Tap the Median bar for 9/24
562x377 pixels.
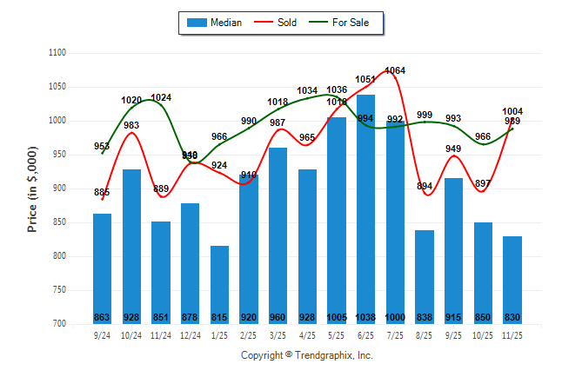click(x=103, y=268)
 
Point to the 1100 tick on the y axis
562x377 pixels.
click(x=57, y=53)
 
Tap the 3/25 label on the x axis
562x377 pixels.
click(x=278, y=334)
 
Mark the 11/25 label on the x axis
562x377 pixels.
click(x=512, y=334)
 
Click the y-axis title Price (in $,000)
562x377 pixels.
click(x=32, y=188)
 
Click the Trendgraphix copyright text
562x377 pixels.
click(x=306, y=355)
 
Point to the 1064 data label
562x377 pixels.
click(x=395, y=70)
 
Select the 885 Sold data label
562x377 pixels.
click(x=102, y=192)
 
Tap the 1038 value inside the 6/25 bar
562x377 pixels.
click(x=366, y=317)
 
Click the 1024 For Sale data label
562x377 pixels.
click(x=162, y=97)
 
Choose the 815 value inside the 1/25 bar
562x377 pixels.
click(x=220, y=317)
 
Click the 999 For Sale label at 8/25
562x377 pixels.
click(x=425, y=115)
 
